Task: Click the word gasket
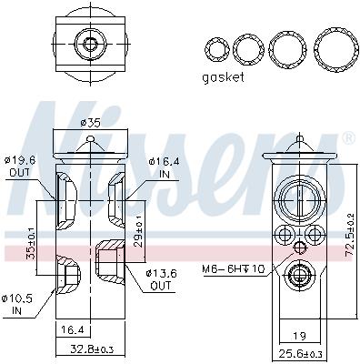click(x=223, y=77)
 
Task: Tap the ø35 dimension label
click(x=91, y=123)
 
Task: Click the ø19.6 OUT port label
click(x=20, y=167)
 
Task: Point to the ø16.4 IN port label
click(x=164, y=167)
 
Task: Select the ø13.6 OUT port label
click(x=161, y=279)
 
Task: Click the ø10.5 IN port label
click(x=17, y=305)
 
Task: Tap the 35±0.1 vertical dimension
click(x=30, y=244)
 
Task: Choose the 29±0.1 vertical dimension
click(x=138, y=232)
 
